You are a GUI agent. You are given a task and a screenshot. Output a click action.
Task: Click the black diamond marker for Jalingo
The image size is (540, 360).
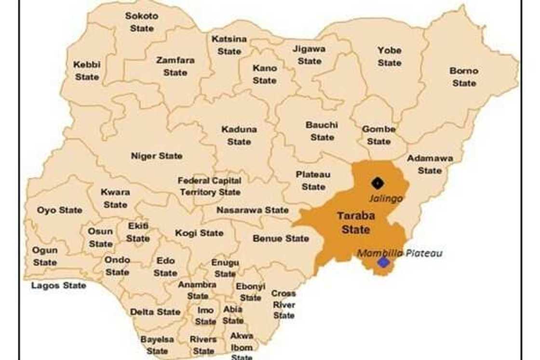[377, 183]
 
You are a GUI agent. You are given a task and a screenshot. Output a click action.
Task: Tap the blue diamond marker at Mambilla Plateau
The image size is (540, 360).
[383, 262]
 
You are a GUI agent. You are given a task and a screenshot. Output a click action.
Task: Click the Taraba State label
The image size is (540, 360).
[356, 223]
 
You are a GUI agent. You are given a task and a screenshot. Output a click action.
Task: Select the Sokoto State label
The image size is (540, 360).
[141, 22]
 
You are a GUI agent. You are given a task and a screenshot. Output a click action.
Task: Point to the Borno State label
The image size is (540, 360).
[464, 77]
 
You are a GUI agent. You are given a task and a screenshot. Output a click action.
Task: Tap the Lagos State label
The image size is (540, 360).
[59, 285]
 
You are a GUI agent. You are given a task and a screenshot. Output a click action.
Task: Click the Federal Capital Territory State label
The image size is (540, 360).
[210, 186]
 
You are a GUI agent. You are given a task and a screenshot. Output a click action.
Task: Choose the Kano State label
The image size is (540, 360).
[265, 74]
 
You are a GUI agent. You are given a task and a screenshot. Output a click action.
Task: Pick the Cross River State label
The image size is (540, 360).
[283, 304]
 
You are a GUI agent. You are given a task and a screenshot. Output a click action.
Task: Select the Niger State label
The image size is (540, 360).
[157, 156]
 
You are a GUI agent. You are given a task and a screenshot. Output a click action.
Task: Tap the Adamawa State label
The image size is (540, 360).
[430, 164]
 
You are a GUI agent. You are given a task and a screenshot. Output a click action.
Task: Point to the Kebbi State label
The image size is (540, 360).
[87, 70]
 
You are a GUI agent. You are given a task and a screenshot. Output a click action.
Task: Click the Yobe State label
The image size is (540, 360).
[390, 56]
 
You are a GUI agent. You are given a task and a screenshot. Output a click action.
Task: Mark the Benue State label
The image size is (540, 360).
[281, 238]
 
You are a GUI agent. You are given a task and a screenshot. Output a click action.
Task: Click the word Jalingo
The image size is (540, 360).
[385, 198]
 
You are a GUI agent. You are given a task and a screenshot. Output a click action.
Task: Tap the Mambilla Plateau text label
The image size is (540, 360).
[399, 253]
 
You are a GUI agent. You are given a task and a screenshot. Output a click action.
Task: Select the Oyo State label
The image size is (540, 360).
[60, 210]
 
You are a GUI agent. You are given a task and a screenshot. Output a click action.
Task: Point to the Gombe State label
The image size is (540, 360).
[379, 135]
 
